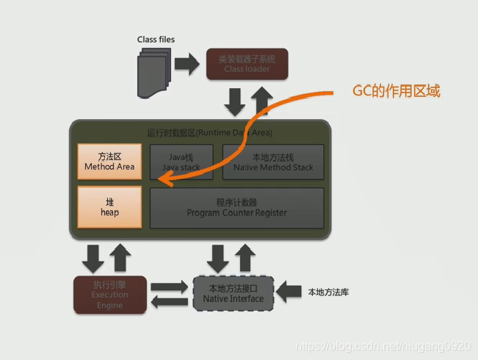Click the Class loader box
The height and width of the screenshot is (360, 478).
pyautogui.click(x=247, y=64)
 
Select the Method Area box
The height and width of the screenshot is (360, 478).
pyautogui.click(x=109, y=162)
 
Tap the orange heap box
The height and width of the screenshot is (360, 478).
pyautogui.click(x=109, y=207)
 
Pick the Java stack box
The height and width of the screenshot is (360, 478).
pyautogui.click(x=181, y=162)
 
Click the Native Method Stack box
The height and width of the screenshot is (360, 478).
pyautogui.click(x=273, y=162)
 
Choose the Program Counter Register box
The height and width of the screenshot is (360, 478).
pyautogui.click(x=236, y=207)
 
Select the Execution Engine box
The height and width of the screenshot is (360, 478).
pyautogui.click(x=109, y=295)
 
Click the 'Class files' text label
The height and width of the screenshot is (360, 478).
pyautogui.click(x=156, y=39)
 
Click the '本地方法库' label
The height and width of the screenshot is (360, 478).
pyautogui.click(x=328, y=292)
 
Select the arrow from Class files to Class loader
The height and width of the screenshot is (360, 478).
pyautogui.click(x=187, y=64)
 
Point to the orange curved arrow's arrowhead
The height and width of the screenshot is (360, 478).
pyautogui.click(x=164, y=179)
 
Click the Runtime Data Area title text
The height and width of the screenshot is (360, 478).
pyautogui.click(x=209, y=133)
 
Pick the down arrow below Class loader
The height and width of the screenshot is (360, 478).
pyautogui.click(x=235, y=102)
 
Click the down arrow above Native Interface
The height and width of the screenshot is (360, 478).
pyautogui.click(x=220, y=257)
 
